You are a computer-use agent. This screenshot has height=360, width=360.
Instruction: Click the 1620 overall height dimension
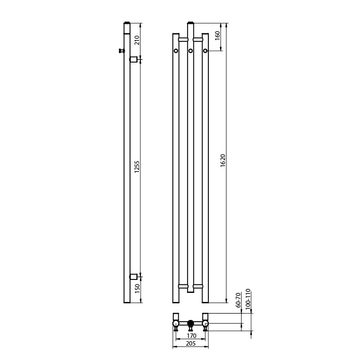click(223, 161)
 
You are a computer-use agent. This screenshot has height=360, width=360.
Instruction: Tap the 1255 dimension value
click(137, 167)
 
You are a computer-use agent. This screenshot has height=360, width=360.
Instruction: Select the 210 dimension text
click(137, 40)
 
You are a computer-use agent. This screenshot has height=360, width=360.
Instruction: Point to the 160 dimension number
click(217, 36)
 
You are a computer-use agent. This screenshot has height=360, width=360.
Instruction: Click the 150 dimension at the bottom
click(137, 288)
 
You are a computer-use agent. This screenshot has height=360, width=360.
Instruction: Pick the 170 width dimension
click(191, 336)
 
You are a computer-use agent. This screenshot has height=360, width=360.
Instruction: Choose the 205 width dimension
click(190, 343)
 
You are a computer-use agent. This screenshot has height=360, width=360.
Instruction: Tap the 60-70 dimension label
click(238, 300)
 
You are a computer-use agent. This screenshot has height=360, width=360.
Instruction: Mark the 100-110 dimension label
click(248, 299)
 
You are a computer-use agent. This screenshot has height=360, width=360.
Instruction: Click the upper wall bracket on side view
click(133, 60)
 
